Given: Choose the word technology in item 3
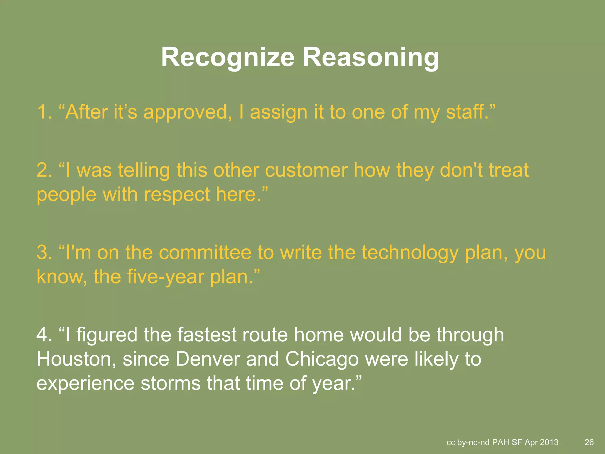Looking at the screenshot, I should pos(410,253).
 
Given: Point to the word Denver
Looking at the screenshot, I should pos(208,359).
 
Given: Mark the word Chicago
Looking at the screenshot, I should pos(322,359).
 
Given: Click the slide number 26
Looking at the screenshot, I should pos(589,442).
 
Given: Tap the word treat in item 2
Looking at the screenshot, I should pos(508,171).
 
